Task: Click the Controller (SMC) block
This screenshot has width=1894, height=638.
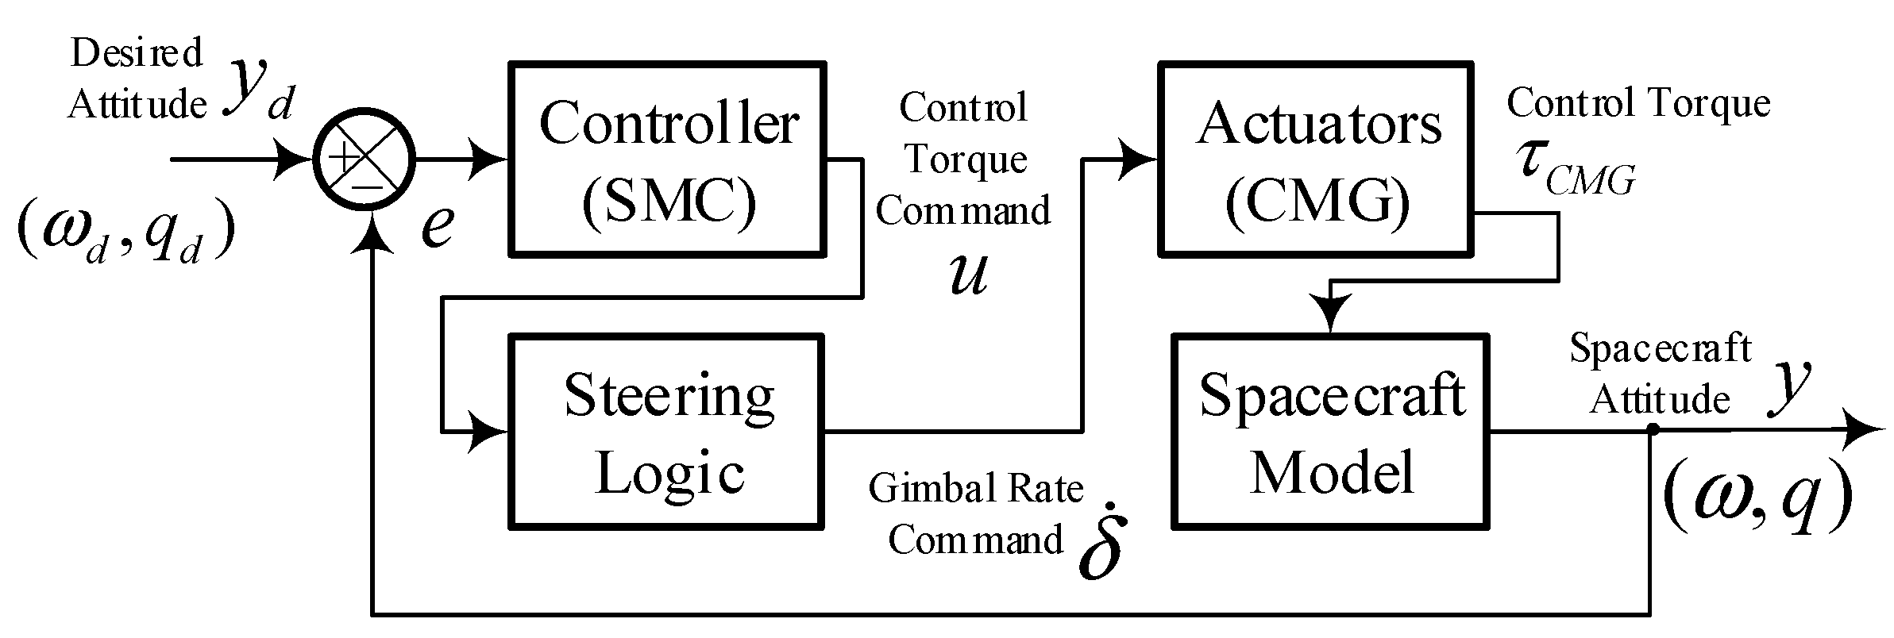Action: click(x=667, y=159)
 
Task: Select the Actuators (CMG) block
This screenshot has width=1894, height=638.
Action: click(x=1317, y=159)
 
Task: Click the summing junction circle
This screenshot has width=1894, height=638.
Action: click(x=364, y=159)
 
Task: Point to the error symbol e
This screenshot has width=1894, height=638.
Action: click(x=437, y=226)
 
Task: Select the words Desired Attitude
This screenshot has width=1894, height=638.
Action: click(x=137, y=79)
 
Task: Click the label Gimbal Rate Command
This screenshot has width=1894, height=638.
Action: click(x=976, y=513)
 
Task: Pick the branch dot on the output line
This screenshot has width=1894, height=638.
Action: click(x=1652, y=430)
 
